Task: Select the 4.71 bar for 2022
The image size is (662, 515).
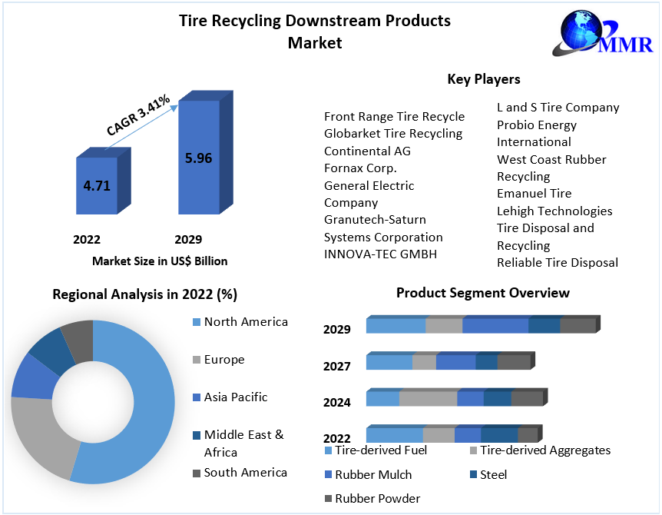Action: (97, 185)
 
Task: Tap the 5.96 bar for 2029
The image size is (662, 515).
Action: (198, 158)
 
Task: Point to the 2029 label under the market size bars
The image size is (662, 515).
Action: (188, 240)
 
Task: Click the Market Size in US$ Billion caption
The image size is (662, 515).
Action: (160, 261)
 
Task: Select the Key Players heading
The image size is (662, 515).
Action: (484, 79)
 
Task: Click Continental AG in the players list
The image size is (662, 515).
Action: (367, 151)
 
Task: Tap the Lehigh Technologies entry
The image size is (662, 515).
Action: (554, 211)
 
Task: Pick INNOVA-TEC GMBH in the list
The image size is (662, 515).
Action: (380, 254)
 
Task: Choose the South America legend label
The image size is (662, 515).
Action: (246, 473)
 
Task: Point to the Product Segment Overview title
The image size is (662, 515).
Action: (483, 293)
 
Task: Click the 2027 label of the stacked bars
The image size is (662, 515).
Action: (337, 367)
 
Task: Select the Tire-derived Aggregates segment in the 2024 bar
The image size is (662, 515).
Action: (428, 398)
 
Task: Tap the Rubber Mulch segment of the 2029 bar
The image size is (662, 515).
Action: (495, 326)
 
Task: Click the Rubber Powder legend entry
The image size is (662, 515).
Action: (377, 498)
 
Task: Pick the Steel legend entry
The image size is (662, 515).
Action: (493, 475)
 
